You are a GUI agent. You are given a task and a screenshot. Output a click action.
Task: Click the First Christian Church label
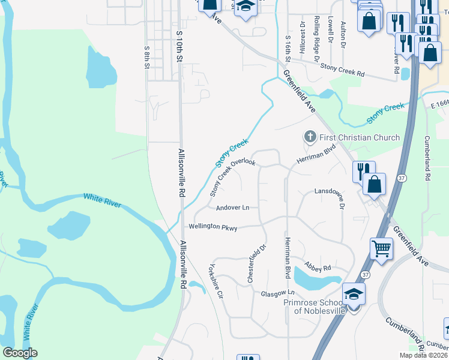(359, 137)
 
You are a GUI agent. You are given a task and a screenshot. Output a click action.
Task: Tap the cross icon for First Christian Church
(310, 137)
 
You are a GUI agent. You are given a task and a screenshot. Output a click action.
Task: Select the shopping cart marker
(382, 248)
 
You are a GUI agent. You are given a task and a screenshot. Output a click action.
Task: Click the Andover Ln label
(232, 208)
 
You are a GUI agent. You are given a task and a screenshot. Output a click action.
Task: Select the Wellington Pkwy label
(213, 227)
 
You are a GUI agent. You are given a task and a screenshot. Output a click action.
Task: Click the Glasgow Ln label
(279, 293)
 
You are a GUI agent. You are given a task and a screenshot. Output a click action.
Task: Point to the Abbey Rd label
(318, 268)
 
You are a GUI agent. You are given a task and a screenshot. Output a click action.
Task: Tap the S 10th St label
(178, 43)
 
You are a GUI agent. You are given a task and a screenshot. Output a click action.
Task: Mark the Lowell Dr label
(330, 30)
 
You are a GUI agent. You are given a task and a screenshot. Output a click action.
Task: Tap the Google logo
(20, 353)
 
